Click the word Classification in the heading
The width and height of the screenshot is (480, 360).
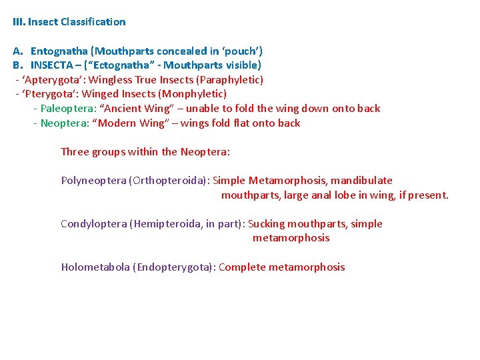(93, 22)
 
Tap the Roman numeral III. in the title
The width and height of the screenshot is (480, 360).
(19, 22)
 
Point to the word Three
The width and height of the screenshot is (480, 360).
(75, 152)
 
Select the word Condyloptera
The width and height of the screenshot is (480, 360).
(95, 224)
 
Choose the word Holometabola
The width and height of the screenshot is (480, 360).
(95, 267)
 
